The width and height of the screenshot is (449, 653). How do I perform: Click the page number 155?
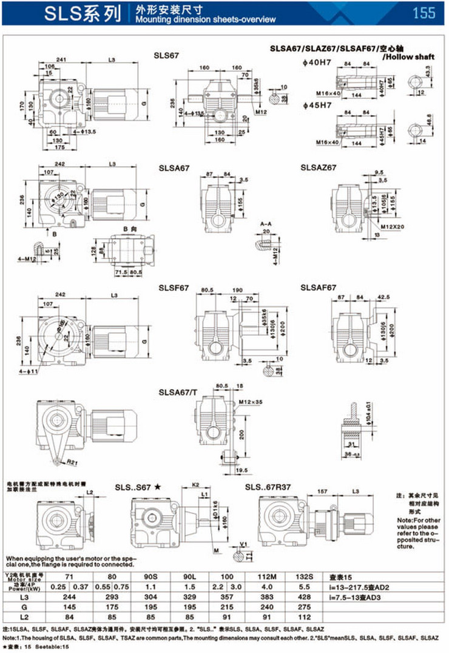[423, 12]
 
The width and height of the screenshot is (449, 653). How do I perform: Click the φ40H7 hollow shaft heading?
[316, 63]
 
